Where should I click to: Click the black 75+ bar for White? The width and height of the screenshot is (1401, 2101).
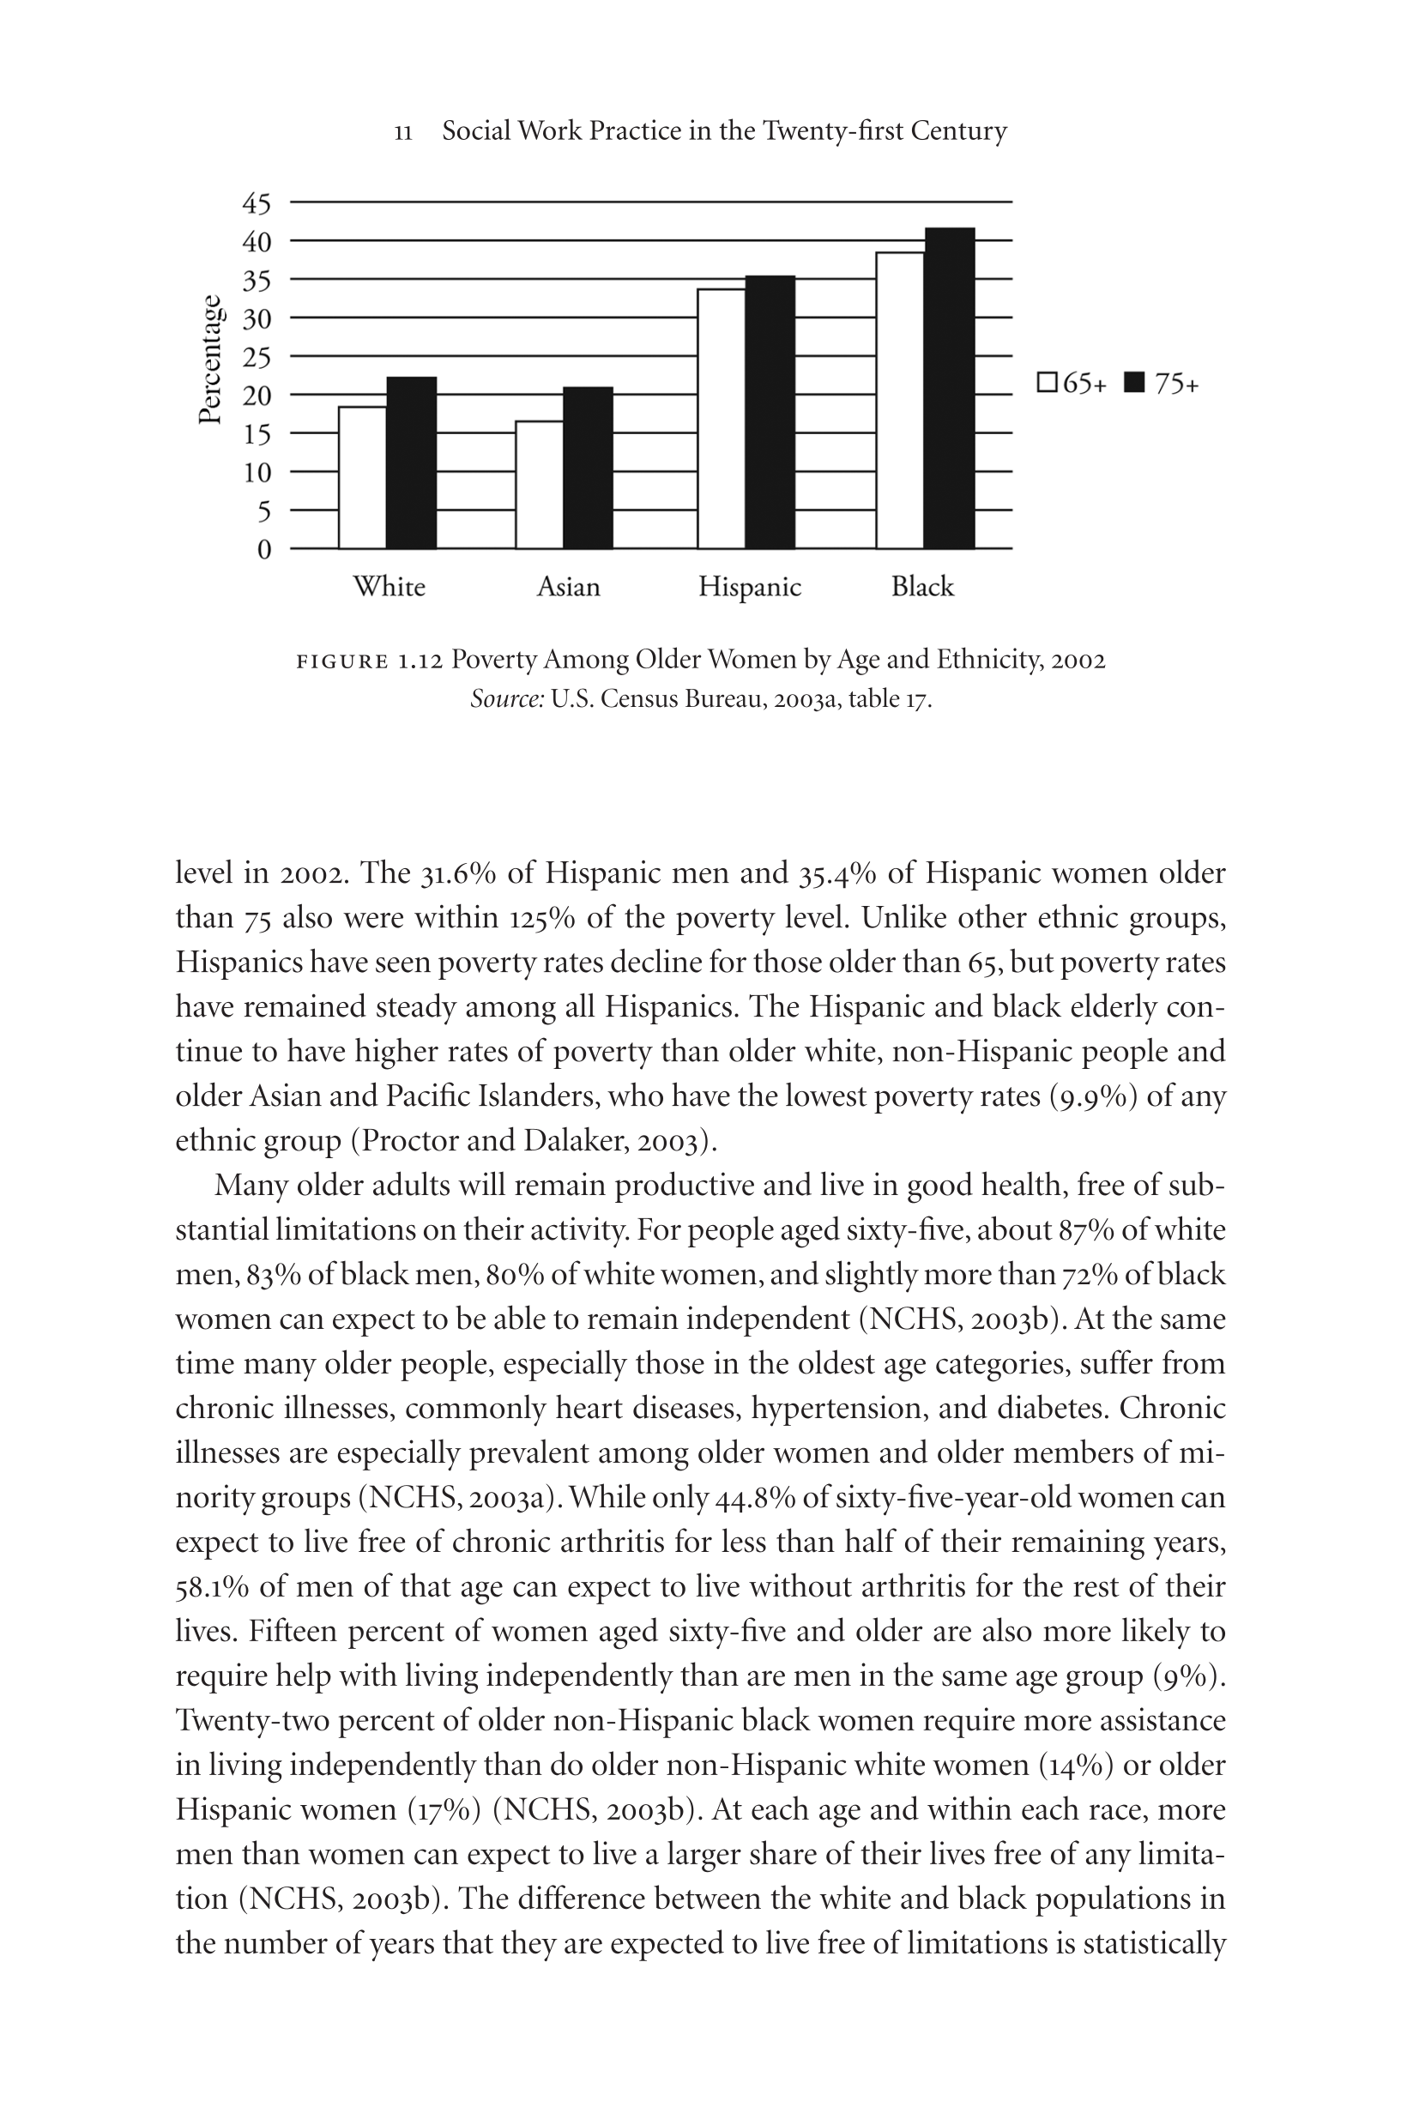(x=412, y=462)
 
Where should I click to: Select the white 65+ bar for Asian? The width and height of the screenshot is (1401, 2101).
(x=540, y=484)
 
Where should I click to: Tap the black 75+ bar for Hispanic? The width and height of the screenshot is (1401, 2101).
(x=770, y=412)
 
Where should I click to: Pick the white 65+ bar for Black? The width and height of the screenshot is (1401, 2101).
(x=900, y=400)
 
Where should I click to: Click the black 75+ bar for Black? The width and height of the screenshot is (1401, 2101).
(x=950, y=389)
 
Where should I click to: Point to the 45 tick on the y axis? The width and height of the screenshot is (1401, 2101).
(x=257, y=203)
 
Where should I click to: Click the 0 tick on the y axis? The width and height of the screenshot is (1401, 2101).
(x=263, y=549)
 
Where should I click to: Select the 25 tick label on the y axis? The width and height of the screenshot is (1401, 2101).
(x=257, y=357)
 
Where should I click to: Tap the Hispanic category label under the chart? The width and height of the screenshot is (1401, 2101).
(x=750, y=587)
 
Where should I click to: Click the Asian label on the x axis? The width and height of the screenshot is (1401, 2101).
(x=568, y=587)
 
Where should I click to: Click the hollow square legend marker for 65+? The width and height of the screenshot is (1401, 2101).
(x=1048, y=383)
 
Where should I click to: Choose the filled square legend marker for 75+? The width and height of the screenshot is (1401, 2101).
(x=1134, y=383)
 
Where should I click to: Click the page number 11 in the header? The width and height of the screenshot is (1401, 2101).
(x=403, y=133)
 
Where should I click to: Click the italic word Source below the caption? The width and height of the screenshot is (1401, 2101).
(x=507, y=698)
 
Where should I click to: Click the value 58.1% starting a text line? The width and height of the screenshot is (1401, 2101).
(x=212, y=1586)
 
